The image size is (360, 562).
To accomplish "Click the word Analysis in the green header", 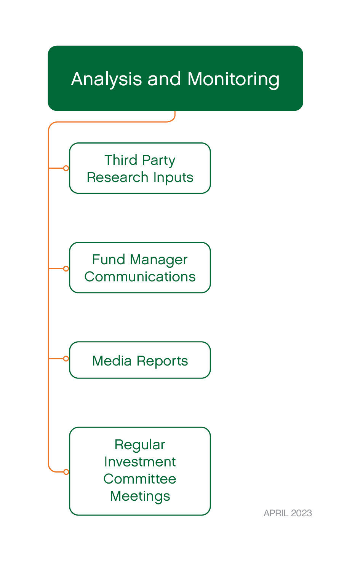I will (x=107, y=79).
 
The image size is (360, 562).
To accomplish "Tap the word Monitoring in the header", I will (x=233, y=79).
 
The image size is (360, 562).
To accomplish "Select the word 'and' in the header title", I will (x=164, y=79).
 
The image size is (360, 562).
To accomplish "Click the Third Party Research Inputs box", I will (x=140, y=168).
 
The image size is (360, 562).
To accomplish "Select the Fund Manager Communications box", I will (x=140, y=268).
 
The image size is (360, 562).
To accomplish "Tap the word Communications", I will (x=140, y=277).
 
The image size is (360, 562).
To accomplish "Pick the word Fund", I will (x=109, y=260).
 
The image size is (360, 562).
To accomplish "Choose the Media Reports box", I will (x=140, y=360).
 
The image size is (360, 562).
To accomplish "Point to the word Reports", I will (x=162, y=361).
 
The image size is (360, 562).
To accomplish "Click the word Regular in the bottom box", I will (x=140, y=445).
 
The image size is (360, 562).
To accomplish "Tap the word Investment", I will (x=140, y=462).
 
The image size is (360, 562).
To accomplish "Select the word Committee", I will (x=140, y=479).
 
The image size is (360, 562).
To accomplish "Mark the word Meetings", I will (x=140, y=496).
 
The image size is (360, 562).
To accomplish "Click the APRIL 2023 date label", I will (x=288, y=513).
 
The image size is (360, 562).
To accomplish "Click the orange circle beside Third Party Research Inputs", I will (x=66, y=168).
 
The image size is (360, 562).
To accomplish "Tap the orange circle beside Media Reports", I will (x=66, y=358).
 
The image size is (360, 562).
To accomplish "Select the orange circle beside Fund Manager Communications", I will (x=66, y=268).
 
